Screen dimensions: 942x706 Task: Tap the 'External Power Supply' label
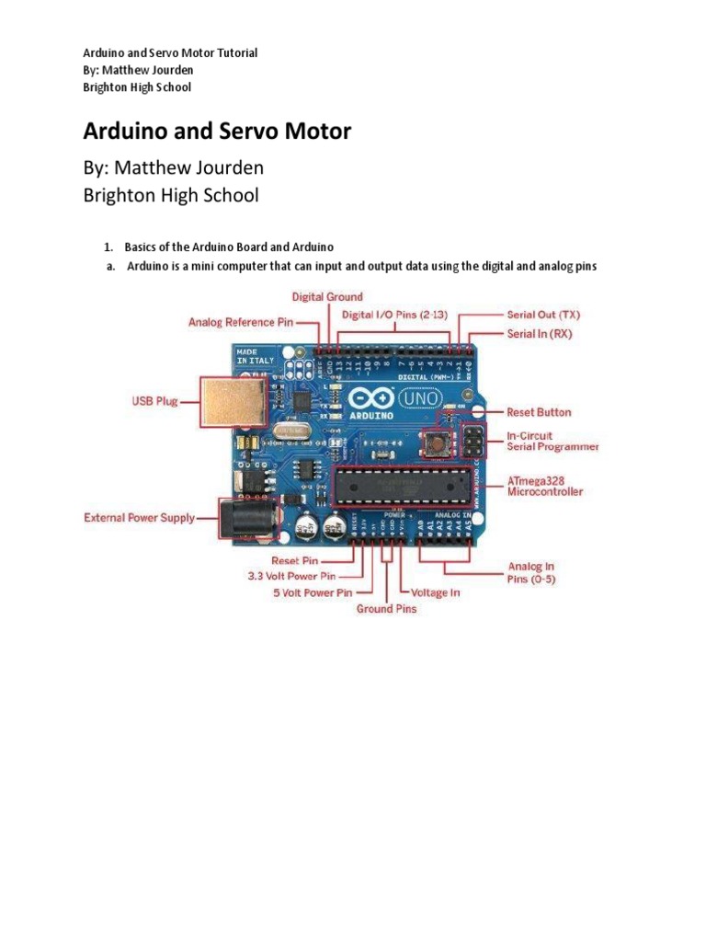click(139, 518)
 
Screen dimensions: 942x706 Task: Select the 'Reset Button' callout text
click(539, 412)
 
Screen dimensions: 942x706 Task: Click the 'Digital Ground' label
click(327, 297)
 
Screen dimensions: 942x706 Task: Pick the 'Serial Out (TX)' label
click(543, 315)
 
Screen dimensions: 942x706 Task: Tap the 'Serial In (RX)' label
click(539, 334)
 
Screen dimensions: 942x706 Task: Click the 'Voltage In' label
click(435, 593)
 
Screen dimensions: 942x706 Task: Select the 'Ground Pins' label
click(386, 609)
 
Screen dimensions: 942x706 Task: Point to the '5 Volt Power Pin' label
click(313, 593)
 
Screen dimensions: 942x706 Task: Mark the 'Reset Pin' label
click(295, 559)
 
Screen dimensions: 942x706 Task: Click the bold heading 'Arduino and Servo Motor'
click(217, 132)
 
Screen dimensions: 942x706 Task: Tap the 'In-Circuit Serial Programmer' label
click(552, 441)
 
